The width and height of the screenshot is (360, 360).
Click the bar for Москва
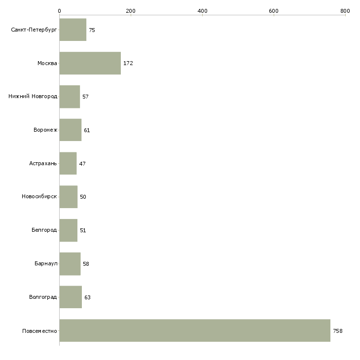tap(90, 63)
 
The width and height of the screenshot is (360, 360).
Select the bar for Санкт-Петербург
tap(73, 30)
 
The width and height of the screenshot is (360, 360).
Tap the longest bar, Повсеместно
tap(195, 330)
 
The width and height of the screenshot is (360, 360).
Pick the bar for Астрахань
tap(68, 163)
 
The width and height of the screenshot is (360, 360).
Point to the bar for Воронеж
tap(71, 130)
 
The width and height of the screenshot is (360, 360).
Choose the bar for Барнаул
tap(70, 264)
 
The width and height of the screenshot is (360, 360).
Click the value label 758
tap(337, 331)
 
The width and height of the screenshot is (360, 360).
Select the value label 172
tap(128, 63)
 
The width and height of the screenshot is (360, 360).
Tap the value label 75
tap(92, 30)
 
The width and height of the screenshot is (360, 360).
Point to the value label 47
tap(82, 164)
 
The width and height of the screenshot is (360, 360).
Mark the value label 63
tap(87, 297)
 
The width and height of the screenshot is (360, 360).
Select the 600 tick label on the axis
tap(274, 11)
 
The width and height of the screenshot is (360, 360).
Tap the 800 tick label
tap(345, 11)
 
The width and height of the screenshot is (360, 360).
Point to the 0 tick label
tap(60, 11)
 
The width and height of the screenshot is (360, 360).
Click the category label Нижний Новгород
tap(33, 96)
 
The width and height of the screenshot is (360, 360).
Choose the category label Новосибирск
tap(39, 197)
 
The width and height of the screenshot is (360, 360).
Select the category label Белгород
tap(44, 230)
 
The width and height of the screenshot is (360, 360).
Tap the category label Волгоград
tap(43, 297)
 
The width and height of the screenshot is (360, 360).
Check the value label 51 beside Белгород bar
tap(83, 230)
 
